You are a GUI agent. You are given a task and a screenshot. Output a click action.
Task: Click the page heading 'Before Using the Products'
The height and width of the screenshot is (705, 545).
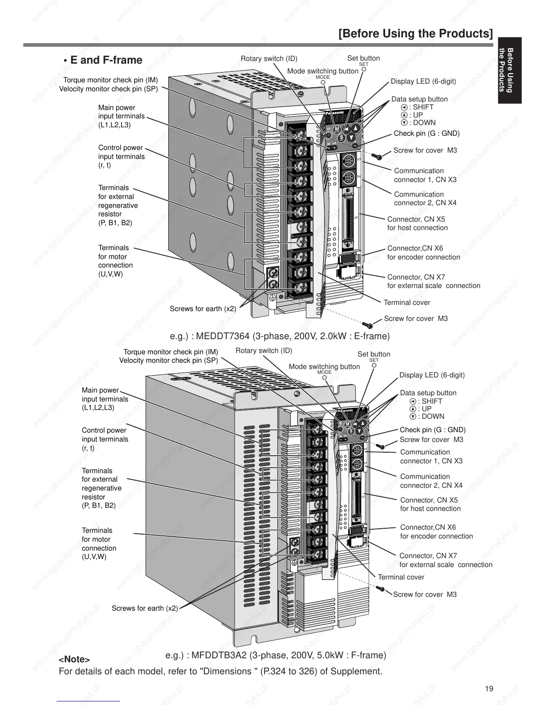pyautogui.click(x=415, y=34)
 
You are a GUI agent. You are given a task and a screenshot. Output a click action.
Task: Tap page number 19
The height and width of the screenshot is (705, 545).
pyautogui.click(x=489, y=689)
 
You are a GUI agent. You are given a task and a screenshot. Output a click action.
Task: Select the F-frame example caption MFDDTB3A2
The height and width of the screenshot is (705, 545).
pyautogui.click(x=276, y=655)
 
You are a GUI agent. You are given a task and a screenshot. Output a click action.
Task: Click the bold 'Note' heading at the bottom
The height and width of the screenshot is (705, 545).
pyautogui.click(x=74, y=659)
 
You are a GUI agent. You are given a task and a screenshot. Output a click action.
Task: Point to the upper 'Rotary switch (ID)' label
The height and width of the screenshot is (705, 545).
pyautogui.click(x=269, y=59)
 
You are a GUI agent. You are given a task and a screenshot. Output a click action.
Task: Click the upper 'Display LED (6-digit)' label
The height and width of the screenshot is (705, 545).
pyautogui.click(x=423, y=81)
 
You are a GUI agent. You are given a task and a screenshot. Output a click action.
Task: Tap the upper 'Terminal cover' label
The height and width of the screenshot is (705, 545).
pyautogui.click(x=407, y=303)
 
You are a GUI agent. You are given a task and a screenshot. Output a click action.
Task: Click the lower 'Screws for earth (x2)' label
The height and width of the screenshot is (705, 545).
pyautogui.click(x=145, y=608)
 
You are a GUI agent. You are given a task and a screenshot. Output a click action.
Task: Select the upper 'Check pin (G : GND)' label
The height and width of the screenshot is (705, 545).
pyautogui.click(x=427, y=134)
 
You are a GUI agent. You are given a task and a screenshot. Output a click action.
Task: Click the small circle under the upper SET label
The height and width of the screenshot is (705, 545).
pyautogui.click(x=364, y=69)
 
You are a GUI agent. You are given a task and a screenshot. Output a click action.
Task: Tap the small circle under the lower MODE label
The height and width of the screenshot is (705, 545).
pyautogui.click(x=325, y=377)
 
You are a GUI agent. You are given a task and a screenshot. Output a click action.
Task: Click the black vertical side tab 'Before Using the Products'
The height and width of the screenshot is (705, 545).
pyautogui.click(x=509, y=70)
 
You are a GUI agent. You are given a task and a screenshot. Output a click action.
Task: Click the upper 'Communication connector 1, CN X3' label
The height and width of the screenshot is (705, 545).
pyautogui.click(x=425, y=175)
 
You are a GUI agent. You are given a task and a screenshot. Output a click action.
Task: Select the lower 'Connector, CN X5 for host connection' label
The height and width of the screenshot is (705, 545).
pyautogui.click(x=430, y=504)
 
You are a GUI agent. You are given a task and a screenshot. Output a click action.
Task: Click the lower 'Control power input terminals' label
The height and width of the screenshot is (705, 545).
pyautogui.click(x=105, y=439)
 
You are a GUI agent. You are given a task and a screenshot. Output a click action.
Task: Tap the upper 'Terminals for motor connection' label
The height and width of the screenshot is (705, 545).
pyautogui.click(x=115, y=261)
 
